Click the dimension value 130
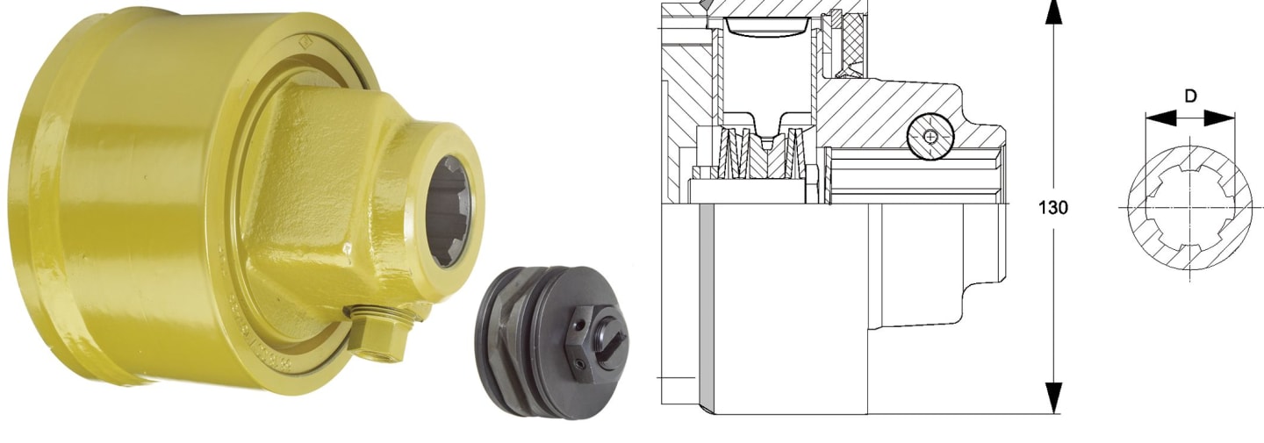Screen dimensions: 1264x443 [1053, 208]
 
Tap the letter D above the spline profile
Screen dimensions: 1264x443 [1190, 96]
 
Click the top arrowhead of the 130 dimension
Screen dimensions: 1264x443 [1053, 12]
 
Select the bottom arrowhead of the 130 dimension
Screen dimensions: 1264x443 [1053, 397]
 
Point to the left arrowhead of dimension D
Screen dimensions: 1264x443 [1160, 118]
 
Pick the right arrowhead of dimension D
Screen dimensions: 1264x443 [1219, 118]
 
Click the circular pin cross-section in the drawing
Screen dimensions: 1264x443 [930, 136]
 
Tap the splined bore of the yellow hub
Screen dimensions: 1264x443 [449, 211]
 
